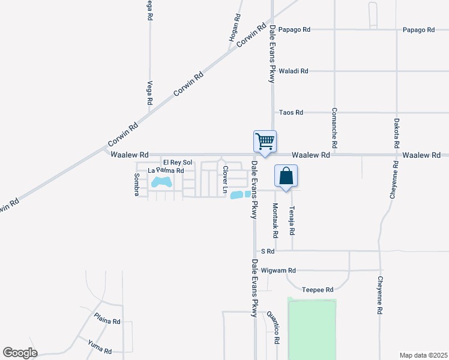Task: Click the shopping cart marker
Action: (x=265, y=142)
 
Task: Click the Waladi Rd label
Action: (x=294, y=71)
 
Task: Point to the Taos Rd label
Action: (x=291, y=112)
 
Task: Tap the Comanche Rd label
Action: (x=334, y=128)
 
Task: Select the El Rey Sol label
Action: (x=178, y=163)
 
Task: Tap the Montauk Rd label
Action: (x=276, y=219)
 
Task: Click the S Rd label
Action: (x=267, y=251)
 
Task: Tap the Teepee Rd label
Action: (x=318, y=290)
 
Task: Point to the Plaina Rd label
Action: (x=107, y=321)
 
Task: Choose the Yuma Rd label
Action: (x=100, y=347)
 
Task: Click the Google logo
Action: (x=20, y=353)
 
